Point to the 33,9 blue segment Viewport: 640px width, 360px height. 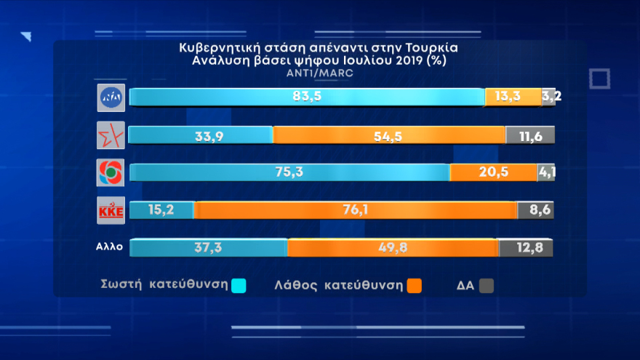pos(200,135)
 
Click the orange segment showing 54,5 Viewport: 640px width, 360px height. pos(389,135)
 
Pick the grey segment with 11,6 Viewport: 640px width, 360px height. pos(530,135)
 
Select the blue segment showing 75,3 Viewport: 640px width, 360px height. pos(289,172)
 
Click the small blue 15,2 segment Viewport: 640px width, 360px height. pos(161,210)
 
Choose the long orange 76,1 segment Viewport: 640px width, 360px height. pos(356,210)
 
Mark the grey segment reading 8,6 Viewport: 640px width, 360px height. pos(536,210)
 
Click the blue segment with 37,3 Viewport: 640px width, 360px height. pos(208,247)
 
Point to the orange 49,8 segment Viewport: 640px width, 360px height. pos(393,247)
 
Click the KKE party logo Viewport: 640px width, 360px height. pos(111,211)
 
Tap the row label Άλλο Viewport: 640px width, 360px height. pos(109,247)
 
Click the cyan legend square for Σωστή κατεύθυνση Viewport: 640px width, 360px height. pos(238,286)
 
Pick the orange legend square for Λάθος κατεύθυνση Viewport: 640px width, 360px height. pos(415,286)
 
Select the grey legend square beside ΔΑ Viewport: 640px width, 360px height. pos(487,286)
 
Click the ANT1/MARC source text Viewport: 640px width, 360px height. pos(320,73)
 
